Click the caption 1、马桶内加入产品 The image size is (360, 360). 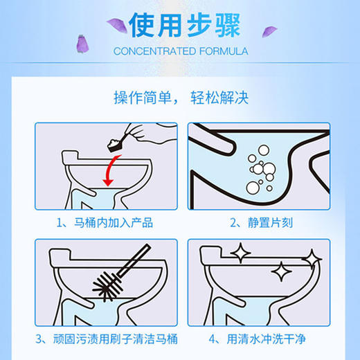pos(104,222)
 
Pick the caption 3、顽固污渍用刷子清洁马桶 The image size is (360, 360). pos(104,339)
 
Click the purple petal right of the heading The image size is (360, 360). pos(268,31)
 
